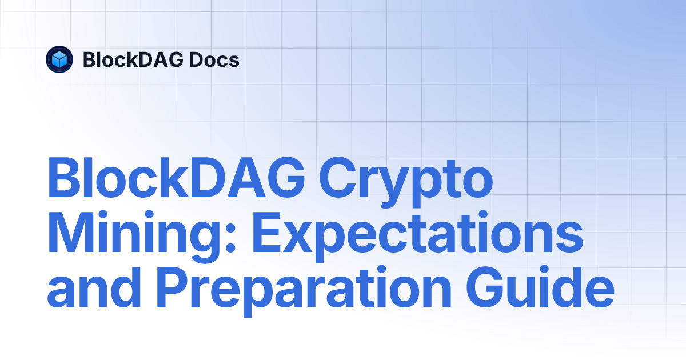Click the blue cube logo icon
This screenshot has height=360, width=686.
59,59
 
